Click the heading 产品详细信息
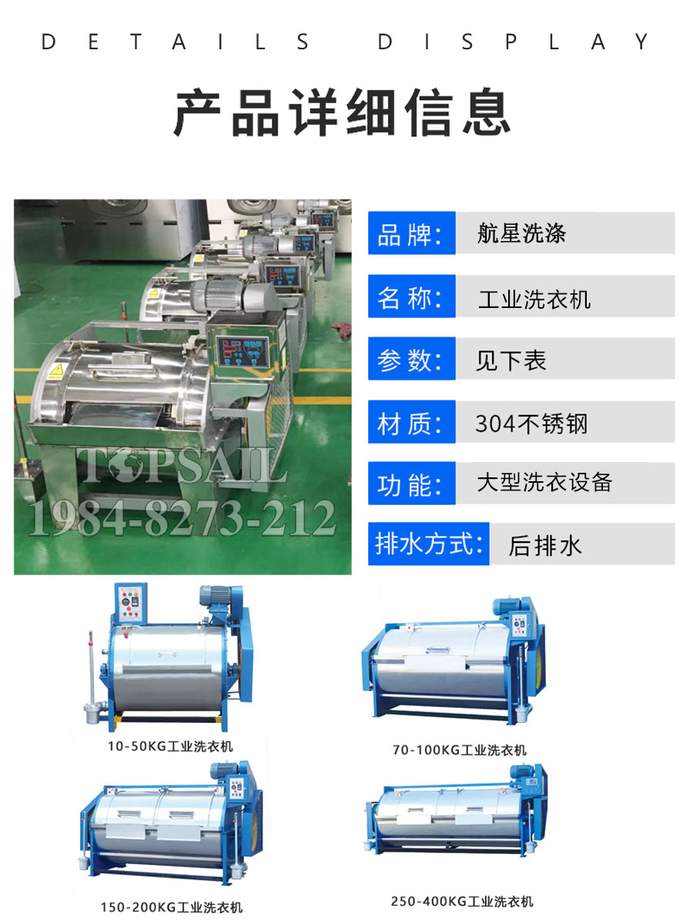pos(343,114)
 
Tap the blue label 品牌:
pos(411,233)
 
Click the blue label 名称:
pos(411,296)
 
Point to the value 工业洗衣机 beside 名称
pos(534,298)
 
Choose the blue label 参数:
pos(411,359)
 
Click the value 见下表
pos(511,360)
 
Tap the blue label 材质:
pos(411,422)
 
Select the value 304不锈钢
pos(531,423)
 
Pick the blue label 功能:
pos(411,484)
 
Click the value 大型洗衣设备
pos(544,483)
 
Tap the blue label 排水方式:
pos(428,544)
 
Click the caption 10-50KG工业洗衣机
pos(170,745)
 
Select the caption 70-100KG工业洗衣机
pos(460,749)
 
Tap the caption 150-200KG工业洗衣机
pos(171,907)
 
